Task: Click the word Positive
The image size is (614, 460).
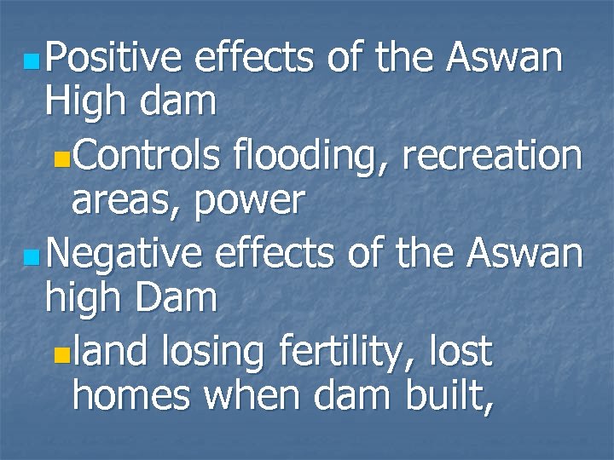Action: pos(114,59)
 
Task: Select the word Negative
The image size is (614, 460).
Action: pos(125,254)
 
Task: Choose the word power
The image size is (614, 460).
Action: pos(250,202)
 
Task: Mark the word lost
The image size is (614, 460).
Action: pos(461,351)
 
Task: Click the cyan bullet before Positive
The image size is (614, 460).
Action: pos(31,62)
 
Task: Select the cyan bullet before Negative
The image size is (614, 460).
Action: pos(31,257)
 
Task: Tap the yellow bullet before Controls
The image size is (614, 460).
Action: pos(58,159)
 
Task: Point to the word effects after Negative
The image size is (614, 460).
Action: pos(277,254)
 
